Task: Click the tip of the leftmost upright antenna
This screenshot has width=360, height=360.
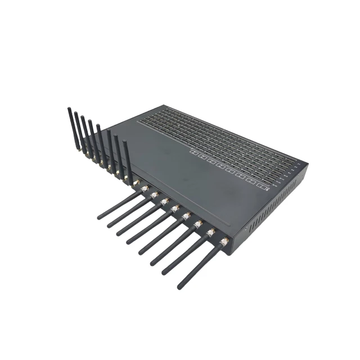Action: [x=69, y=109]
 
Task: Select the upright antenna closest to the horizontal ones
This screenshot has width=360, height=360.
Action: [x=128, y=160]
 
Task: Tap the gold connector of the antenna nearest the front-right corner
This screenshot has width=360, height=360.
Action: [x=224, y=242]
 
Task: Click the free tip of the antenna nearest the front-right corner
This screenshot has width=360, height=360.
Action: [x=179, y=286]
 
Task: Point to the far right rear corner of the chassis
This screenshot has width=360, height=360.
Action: [x=307, y=164]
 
